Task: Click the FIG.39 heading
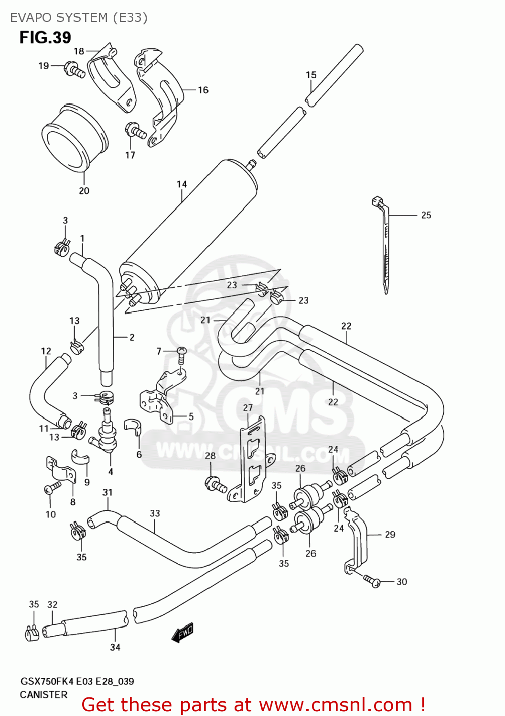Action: (x=45, y=37)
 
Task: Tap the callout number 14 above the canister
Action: (x=182, y=184)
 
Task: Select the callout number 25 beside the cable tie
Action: (x=426, y=215)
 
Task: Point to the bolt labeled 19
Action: (x=75, y=70)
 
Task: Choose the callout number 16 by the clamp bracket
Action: (x=203, y=90)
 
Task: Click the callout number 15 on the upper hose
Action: (x=311, y=75)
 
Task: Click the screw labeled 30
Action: (x=372, y=581)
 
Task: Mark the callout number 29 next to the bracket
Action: (x=390, y=535)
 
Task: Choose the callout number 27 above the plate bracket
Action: (x=247, y=408)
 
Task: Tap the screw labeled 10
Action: (x=52, y=488)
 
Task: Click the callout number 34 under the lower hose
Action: (x=115, y=647)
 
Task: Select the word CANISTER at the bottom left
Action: (x=43, y=695)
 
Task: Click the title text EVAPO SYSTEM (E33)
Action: (x=79, y=18)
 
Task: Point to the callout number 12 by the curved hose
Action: (x=46, y=351)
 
